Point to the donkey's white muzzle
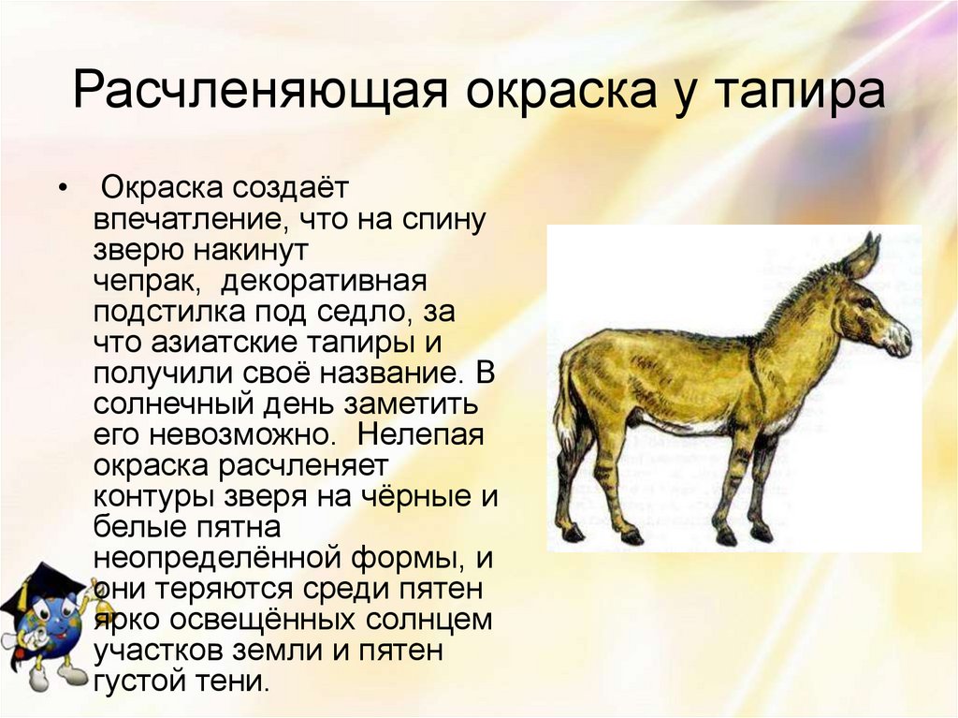click(x=899, y=338)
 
